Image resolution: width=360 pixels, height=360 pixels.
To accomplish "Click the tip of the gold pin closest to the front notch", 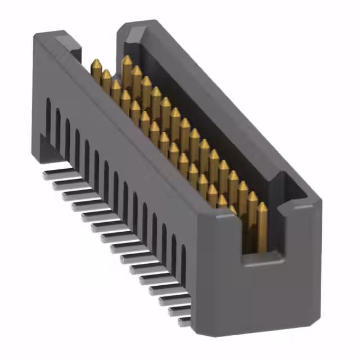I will (262, 207).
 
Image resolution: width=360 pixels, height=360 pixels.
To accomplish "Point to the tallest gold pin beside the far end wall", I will (127, 60).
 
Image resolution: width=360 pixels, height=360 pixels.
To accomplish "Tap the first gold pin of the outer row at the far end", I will (96, 63).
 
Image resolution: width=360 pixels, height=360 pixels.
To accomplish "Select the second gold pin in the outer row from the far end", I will (106, 74).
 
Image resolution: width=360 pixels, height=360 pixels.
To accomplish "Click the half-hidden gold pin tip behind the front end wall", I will (233, 209).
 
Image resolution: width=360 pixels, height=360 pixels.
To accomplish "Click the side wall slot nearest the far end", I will (48, 119).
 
